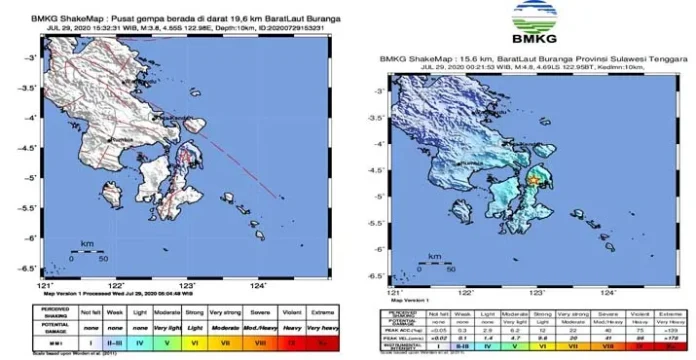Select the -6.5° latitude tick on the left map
(x=30, y=268)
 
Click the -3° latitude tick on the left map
(x=30, y=59)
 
